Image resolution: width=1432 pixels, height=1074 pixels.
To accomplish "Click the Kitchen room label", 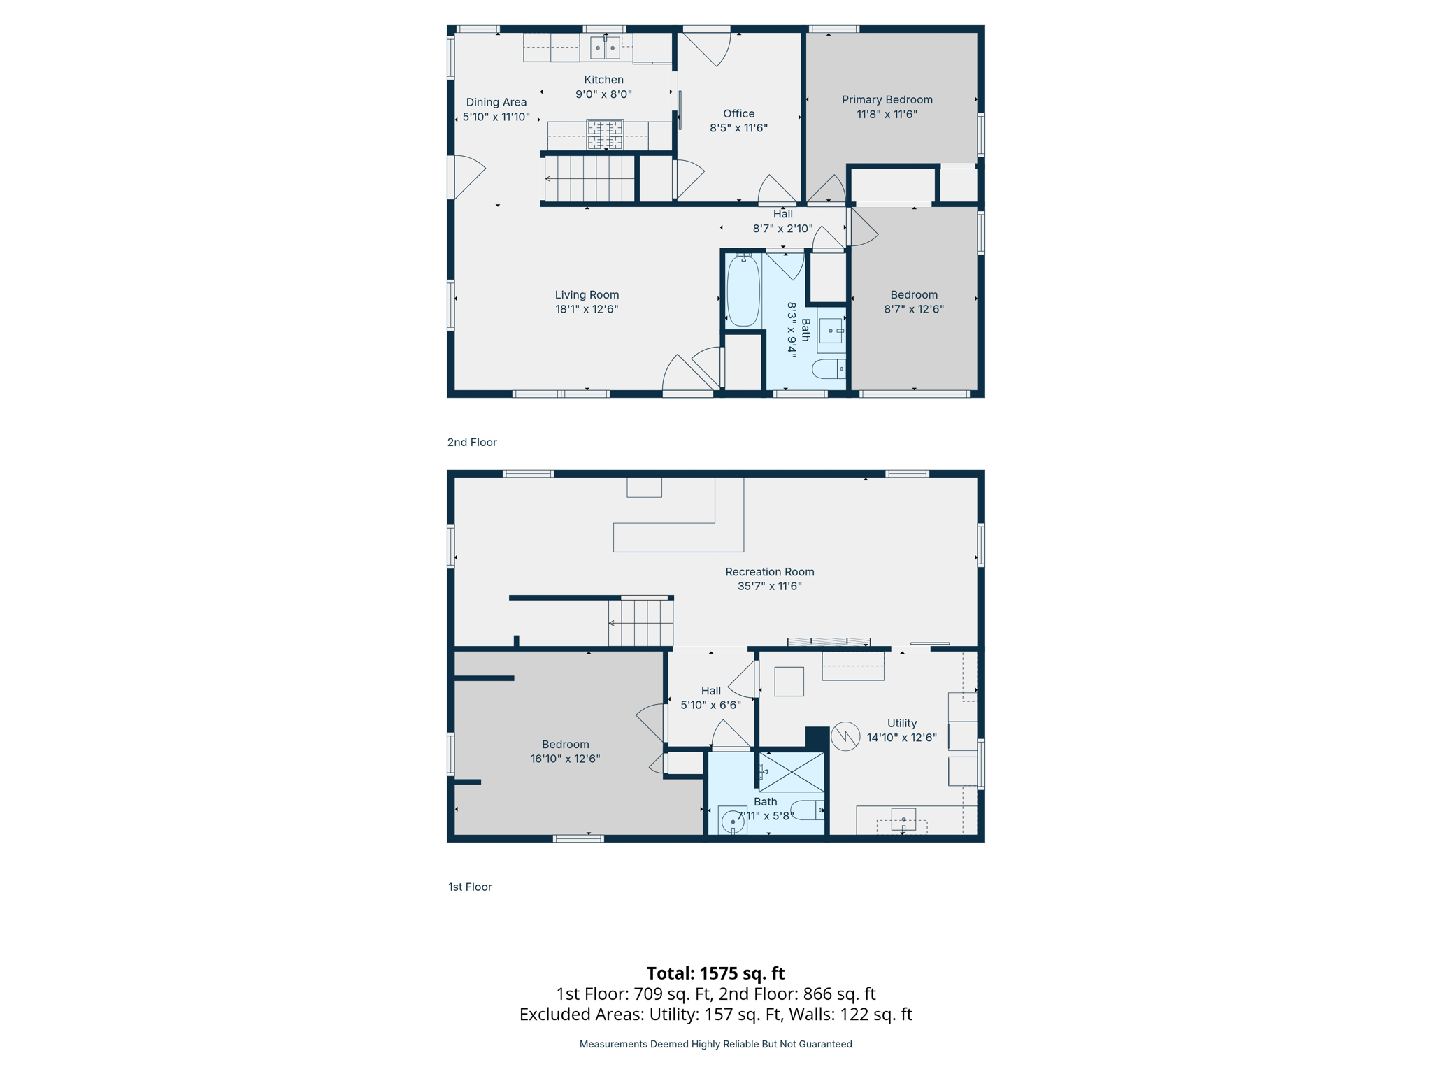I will pos(603,80).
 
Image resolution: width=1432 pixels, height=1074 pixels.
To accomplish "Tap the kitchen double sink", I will pos(605,48).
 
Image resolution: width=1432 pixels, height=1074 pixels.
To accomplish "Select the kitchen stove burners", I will pos(605,135).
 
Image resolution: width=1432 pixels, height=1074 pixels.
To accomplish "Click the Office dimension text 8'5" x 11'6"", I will pos(738,128).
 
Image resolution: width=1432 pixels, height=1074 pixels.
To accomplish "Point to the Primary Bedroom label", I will pos(887,100).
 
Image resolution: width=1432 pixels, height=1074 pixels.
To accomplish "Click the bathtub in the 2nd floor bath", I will pos(743,290).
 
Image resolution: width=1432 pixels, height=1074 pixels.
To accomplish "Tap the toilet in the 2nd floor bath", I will pos(829,368).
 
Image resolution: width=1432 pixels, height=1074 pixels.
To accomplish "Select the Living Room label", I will pos(587,295).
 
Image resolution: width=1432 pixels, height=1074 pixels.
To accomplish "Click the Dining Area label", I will pos(496,102).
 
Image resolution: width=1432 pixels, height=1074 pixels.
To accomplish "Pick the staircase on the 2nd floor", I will pos(589,178).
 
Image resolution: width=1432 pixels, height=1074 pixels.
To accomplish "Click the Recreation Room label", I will pos(769,572).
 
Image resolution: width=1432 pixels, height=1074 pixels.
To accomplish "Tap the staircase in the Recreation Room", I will pos(640,623).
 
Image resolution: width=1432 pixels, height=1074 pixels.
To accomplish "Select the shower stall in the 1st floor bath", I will pos(792,772).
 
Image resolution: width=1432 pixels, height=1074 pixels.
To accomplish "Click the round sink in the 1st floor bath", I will pos(732,822).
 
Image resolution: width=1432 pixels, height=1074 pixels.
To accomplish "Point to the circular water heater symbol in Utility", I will pos(845,736).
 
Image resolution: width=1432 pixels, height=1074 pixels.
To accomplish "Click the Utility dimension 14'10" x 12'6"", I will pos(901,738).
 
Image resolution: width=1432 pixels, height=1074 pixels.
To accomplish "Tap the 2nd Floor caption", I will pos(472,443).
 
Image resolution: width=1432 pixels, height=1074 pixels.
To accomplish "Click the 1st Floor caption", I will pos(470,887).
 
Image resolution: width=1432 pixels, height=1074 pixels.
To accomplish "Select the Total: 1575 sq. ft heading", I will pos(715,973).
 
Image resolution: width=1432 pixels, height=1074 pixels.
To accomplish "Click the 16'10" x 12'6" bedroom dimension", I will pos(565,759).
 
